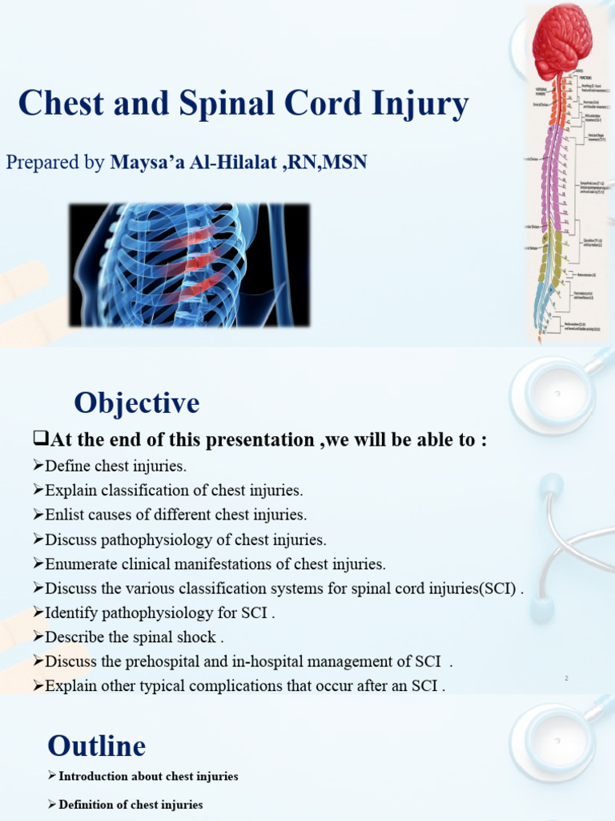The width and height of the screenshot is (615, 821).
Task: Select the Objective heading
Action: click(137, 402)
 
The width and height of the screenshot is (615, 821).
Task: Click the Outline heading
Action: click(97, 746)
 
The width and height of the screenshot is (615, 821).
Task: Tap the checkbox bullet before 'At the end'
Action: click(41, 440)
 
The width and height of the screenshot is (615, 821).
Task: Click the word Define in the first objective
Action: click(68, 466)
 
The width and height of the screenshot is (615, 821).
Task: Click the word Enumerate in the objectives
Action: click(82, 564)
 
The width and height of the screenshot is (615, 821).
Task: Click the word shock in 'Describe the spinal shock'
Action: click(198, 637)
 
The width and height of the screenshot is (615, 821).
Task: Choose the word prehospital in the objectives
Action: click(190, 661)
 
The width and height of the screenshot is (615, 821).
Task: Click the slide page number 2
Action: click(566, 679)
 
